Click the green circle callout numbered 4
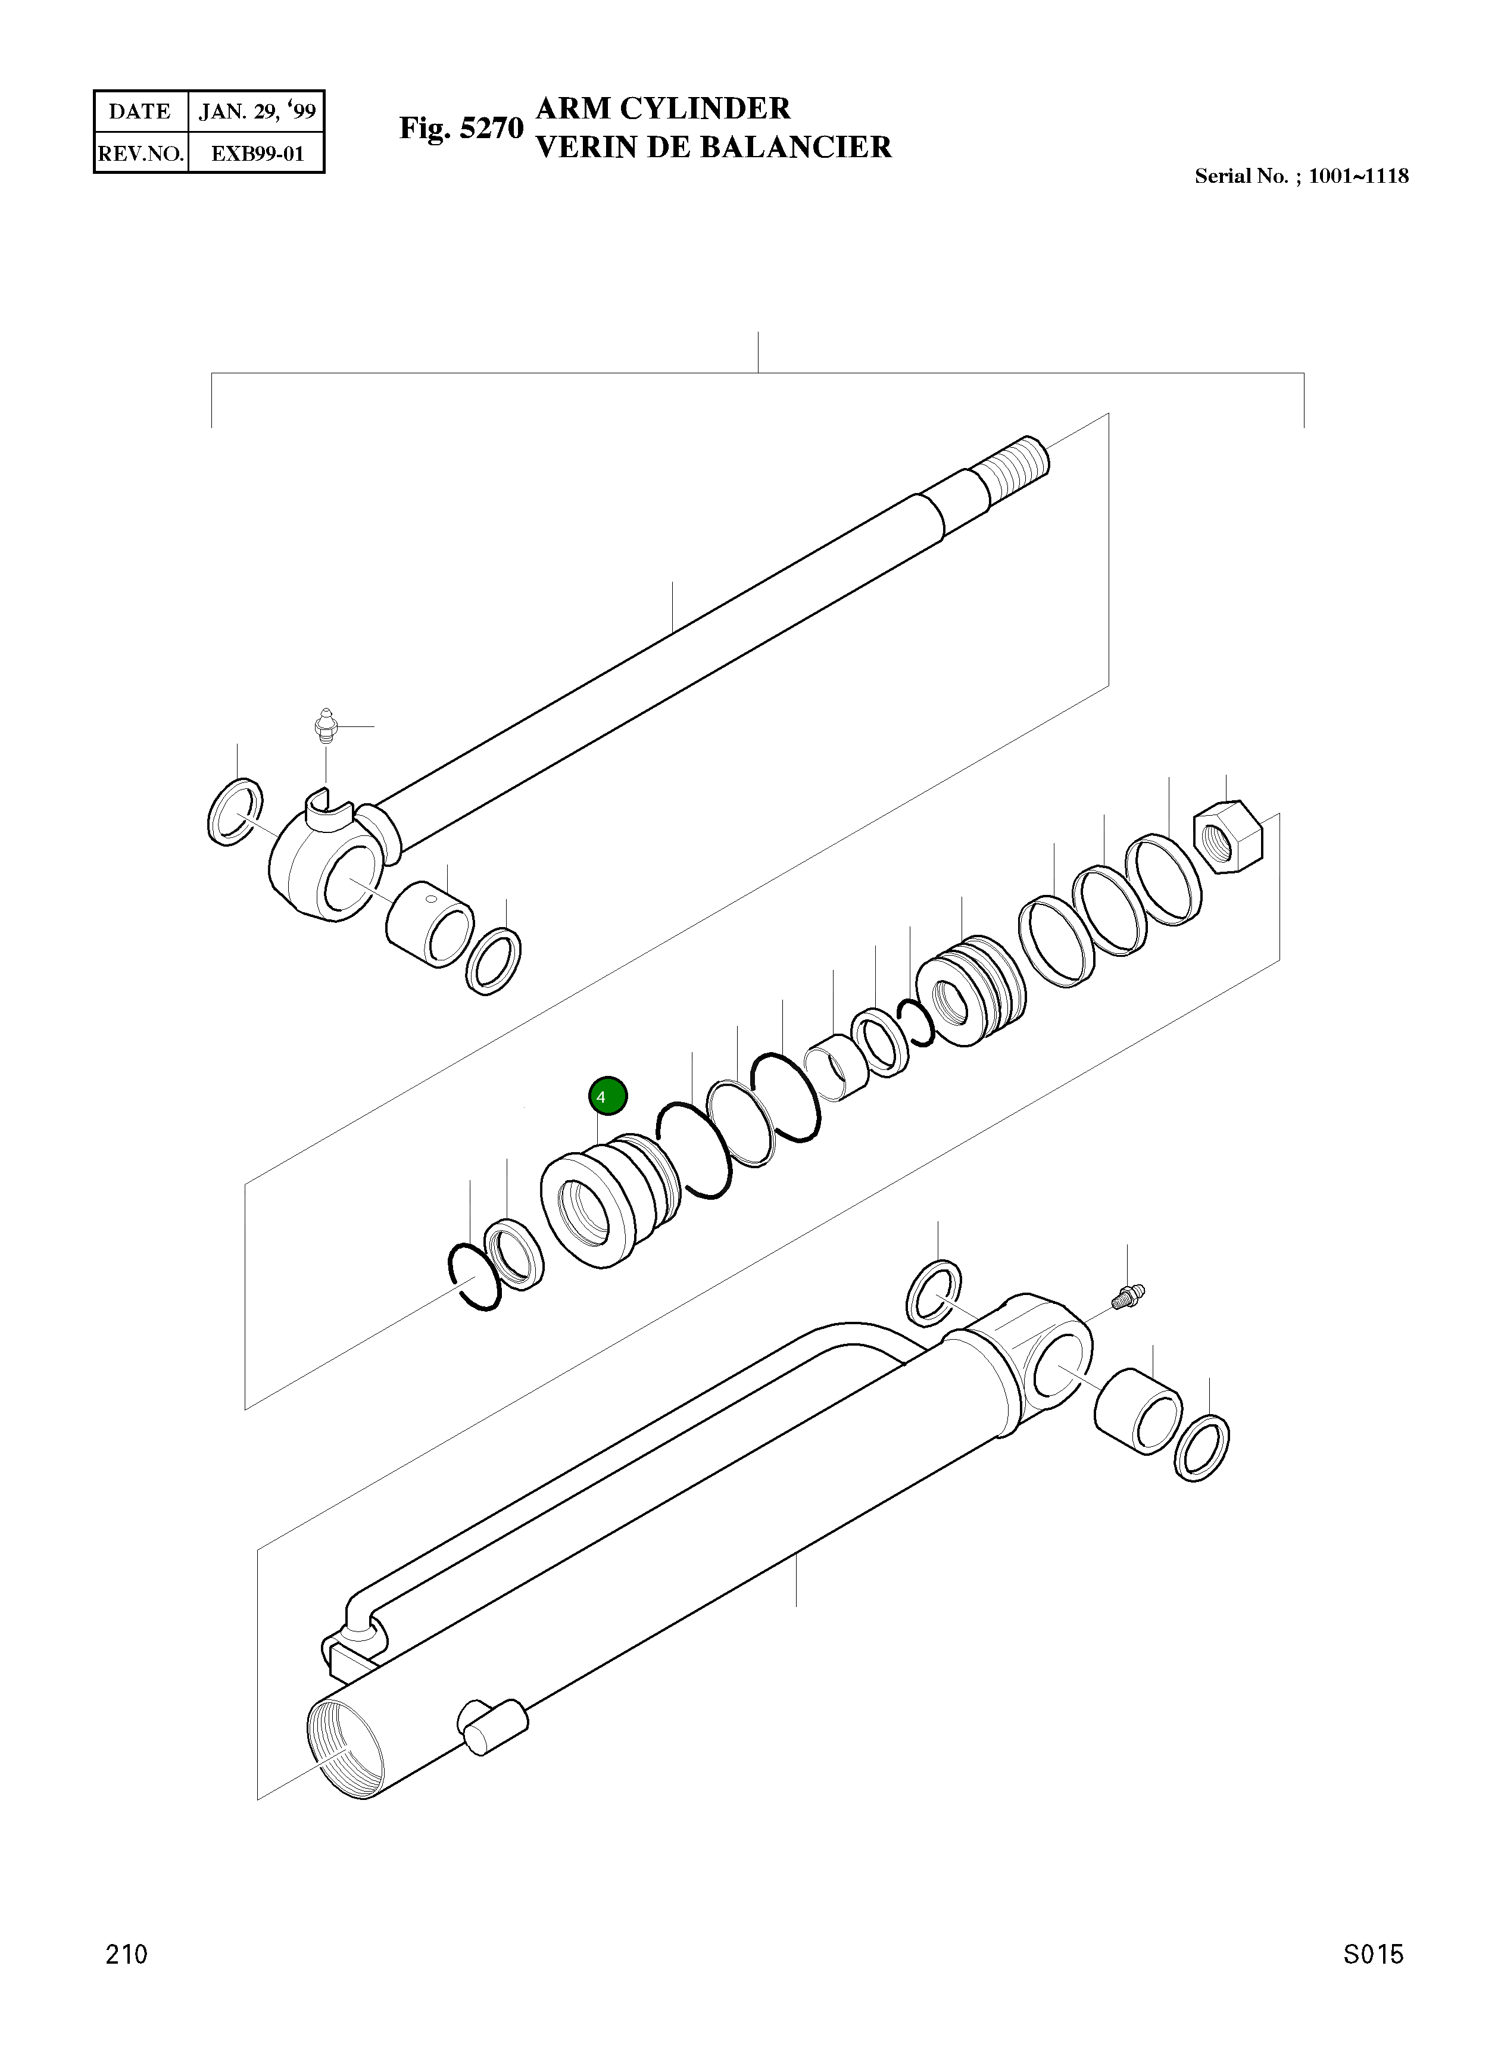(x=607, y=1096)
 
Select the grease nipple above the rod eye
(x=324, y=727)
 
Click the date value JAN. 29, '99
(x=258, y=111)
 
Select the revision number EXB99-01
(x=258, y=153)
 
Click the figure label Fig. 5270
(x=461, y=129)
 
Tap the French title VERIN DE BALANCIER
(x=714, y=147)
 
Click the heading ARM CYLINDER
(x=663, y=109)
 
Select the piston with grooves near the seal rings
(x=970, y=990)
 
